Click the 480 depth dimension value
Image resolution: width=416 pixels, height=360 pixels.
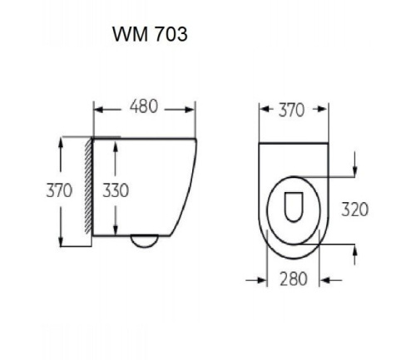point(145,106)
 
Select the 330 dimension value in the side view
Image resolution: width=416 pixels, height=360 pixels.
point(116,190)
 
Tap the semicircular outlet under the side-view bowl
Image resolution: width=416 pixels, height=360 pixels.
point(145,242)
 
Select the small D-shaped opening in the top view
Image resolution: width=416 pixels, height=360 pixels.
point(292,205)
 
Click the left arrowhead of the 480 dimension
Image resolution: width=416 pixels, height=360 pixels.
point(97,107)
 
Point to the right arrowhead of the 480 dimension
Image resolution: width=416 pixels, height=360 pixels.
point(191,107)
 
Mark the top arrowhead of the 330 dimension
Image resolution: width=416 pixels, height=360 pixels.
point(116,142)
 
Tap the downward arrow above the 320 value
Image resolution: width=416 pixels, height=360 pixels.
point(355,170)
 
